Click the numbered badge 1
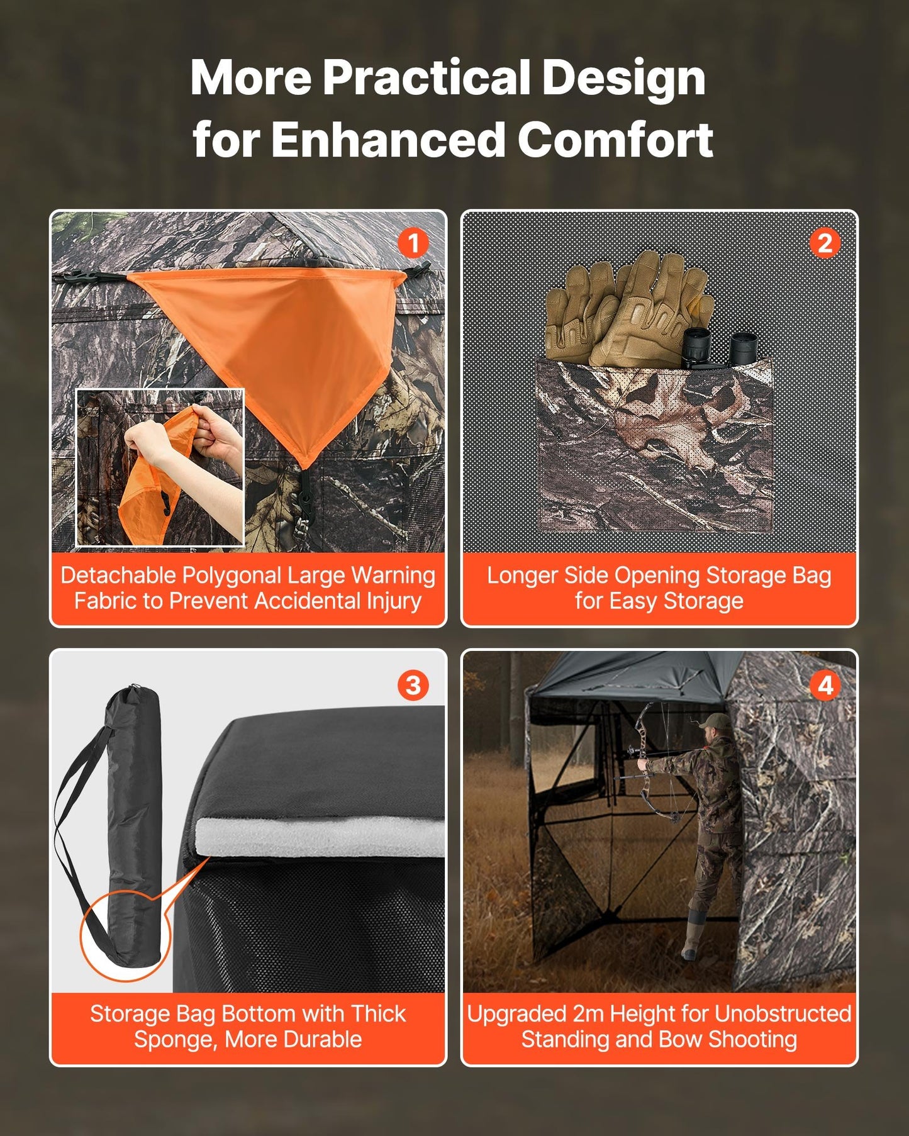[x=413, y=243]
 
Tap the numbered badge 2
[x=825, y=243]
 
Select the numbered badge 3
[x=413, y=685]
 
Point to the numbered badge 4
[x=825, y=685]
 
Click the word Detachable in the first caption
[x=118, y=576]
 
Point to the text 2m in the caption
[x=588, y=1014]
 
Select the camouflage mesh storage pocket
[x=654, y=447]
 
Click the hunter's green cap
[x=715, y=721]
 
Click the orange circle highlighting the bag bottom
[x=125, y=938]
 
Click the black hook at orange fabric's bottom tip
[x=305, y=487]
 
